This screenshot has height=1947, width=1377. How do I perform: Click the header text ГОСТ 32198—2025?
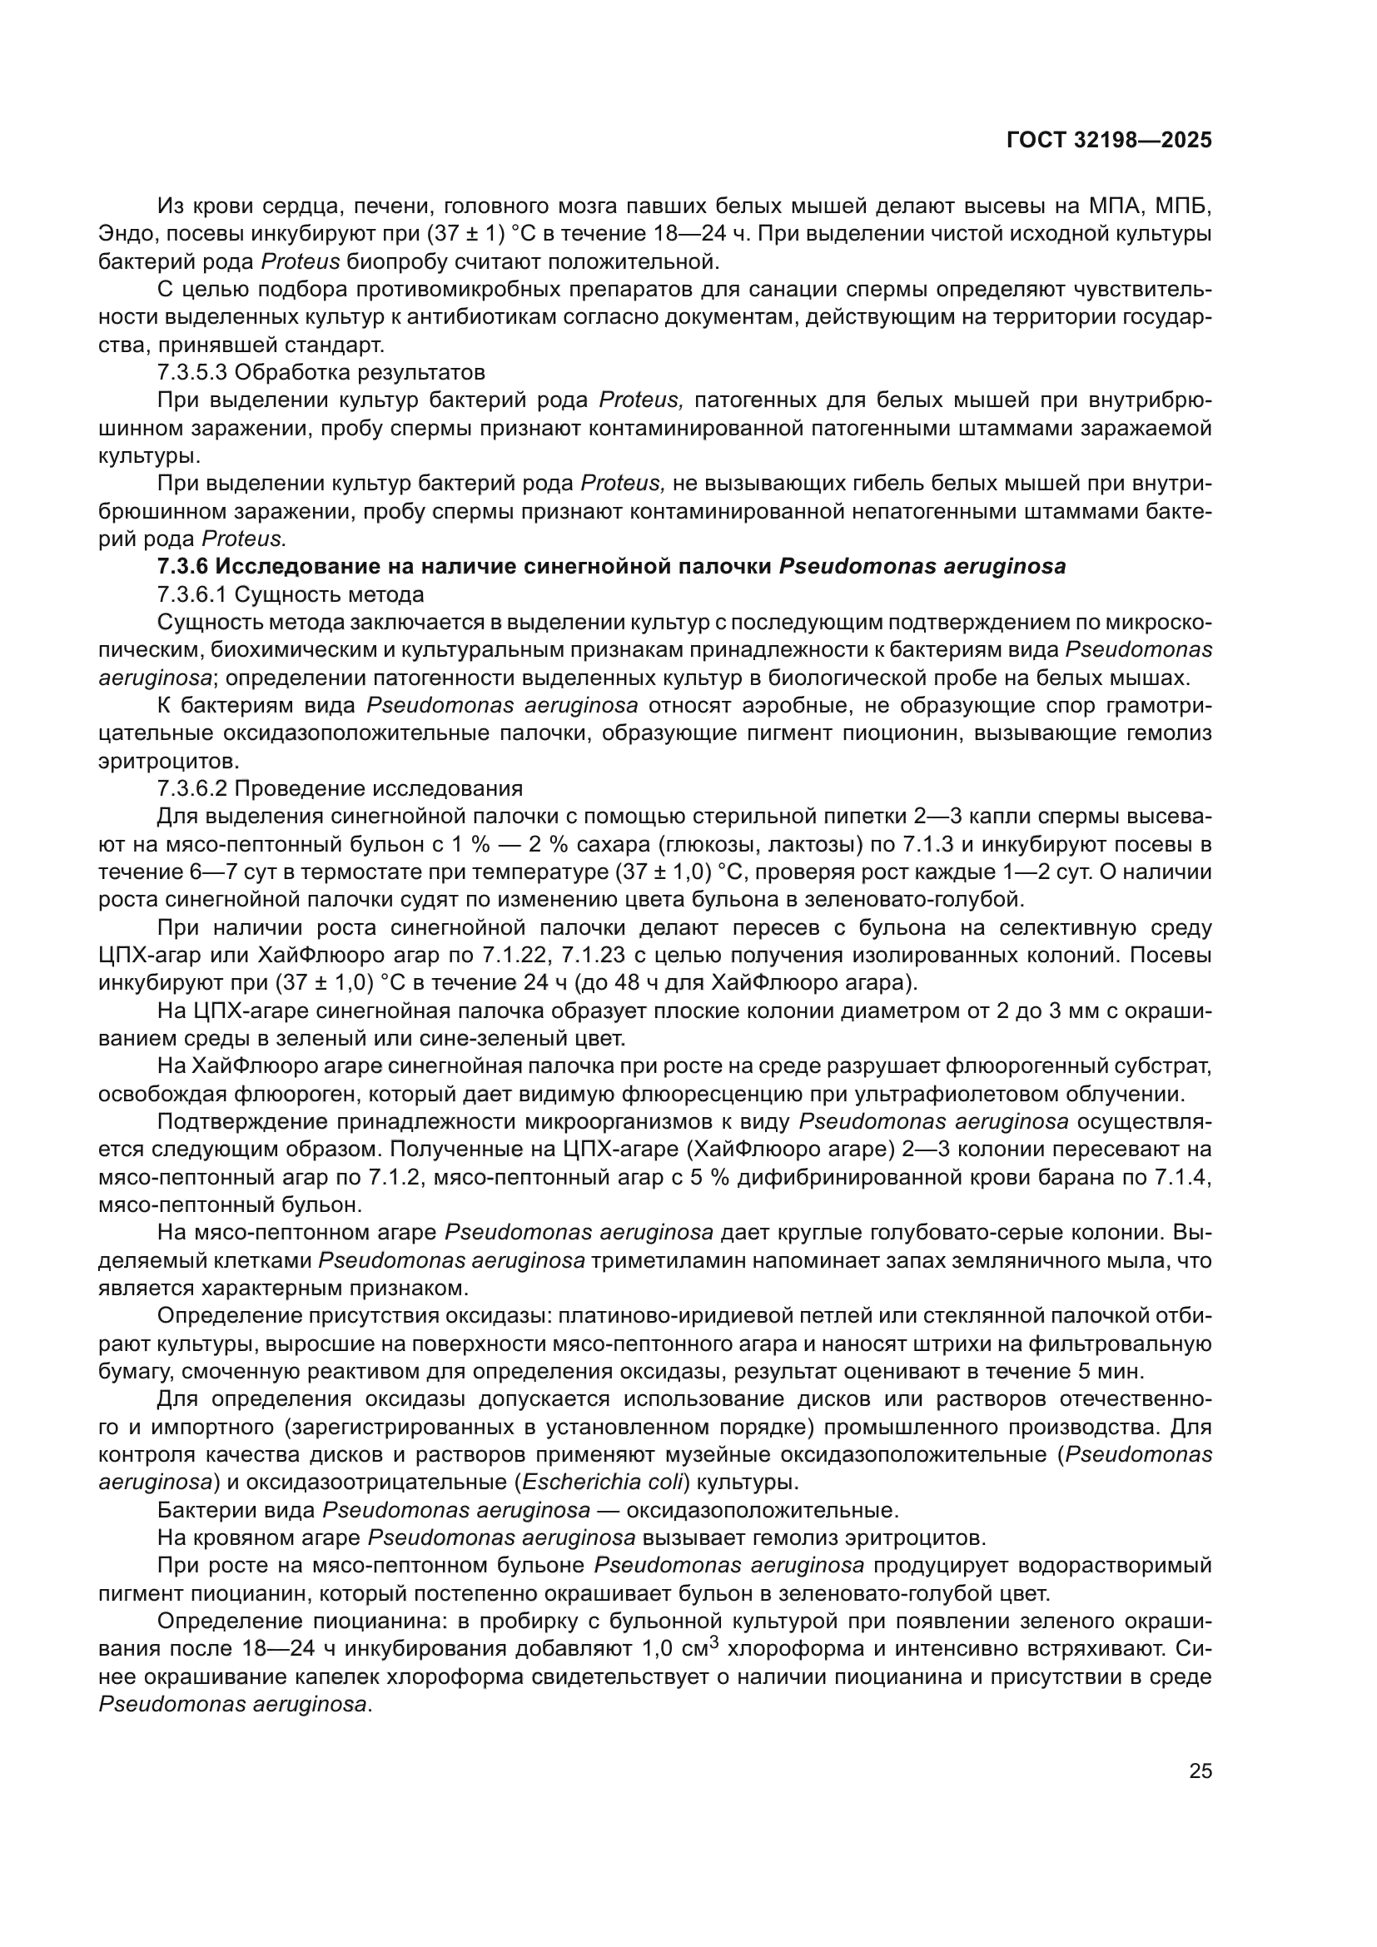tap(1109, 141)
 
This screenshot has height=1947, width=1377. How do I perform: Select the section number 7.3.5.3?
tap(192, 372)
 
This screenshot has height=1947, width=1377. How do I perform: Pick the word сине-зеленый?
tap(480, 1039)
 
